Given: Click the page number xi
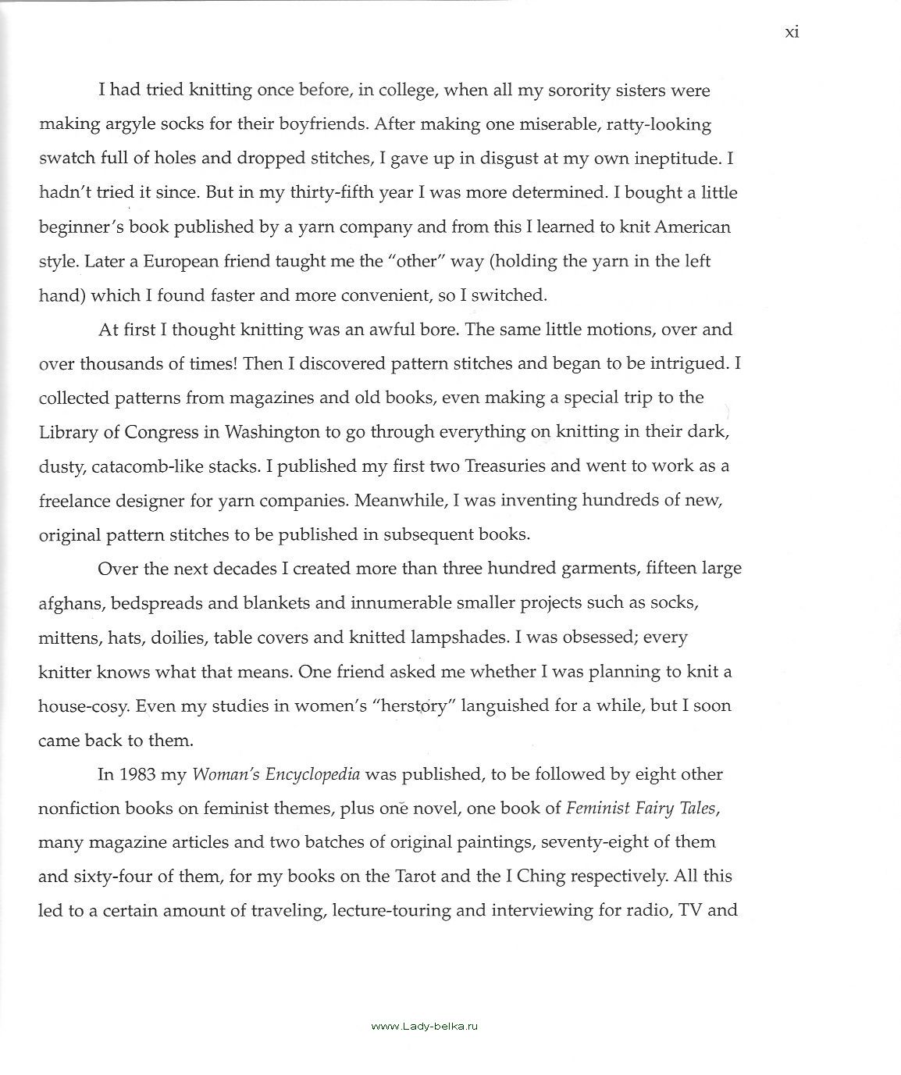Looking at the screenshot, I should click(x=791, y=33).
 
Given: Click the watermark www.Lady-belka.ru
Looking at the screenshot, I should click(x=423, y=1026).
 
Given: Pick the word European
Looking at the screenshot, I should click(x=180, y=261).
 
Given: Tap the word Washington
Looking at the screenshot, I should click(x=272, y=432).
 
